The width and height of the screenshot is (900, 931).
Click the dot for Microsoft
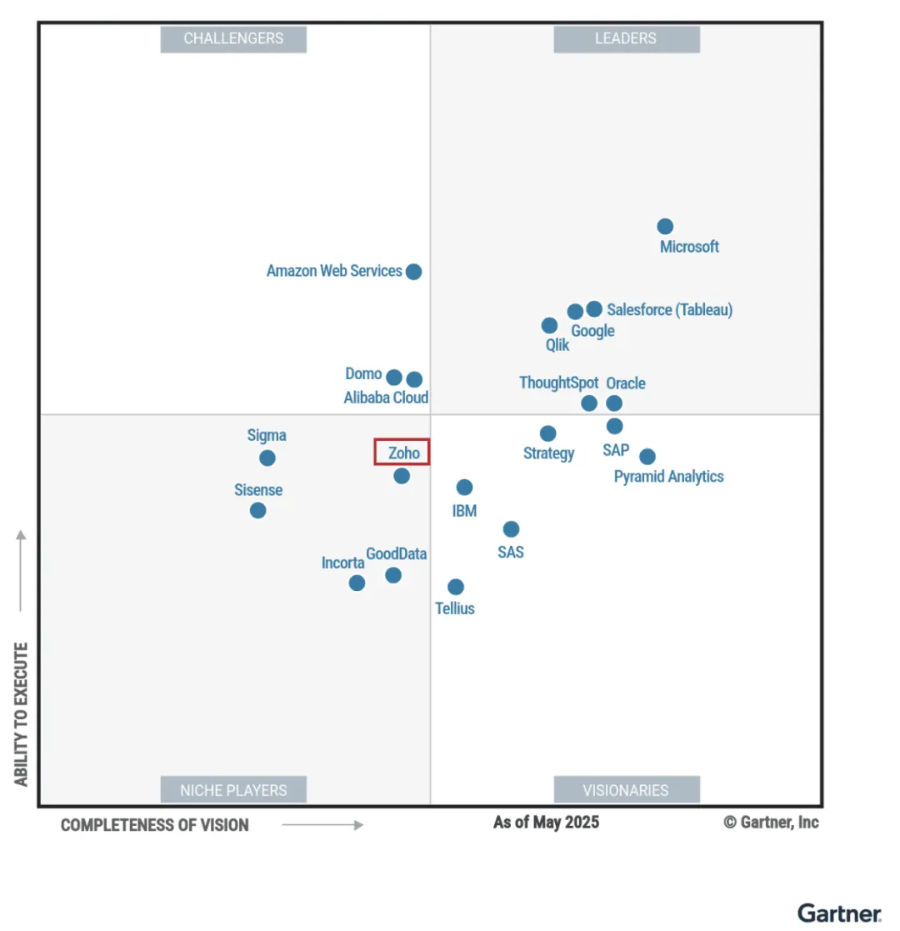pyautogui.click(x=665, y=227)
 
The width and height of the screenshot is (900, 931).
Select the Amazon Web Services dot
pyautogui.click(x=413, y=272)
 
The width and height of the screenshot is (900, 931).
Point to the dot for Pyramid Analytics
pyautogui.click(x=647, y=457)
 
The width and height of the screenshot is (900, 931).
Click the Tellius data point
pyautogui.click(x=455, y=587)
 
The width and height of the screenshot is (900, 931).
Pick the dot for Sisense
pyautogui.click(x=258, y=510)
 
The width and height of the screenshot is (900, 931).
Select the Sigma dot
pyautogui.click(x=267, y=458)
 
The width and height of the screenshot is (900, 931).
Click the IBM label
pyautogui.click(x=464, y=511)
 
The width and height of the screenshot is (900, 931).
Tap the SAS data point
pyautogui.click(x=511, y=529)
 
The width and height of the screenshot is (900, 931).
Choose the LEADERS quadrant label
pyautogui.click(x=626, y=38)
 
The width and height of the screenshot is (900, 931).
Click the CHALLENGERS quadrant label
pyautogui.click(x=233, y=38)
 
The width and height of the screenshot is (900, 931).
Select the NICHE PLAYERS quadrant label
pyautogui.click(x=233, y=790)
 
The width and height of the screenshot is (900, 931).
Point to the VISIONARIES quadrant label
pyautogui.click(x=626, y=790)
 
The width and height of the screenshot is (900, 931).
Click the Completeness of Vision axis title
pyautogui.click(x=155, y=825)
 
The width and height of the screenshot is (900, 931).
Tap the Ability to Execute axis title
pyautogui.click(x=22, y=713)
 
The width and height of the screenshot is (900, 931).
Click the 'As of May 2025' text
pyautogui.click(x=546, y=823)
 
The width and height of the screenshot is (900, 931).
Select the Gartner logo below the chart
pyautogui.click(x=838, y=913)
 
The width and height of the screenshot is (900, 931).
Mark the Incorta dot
pyautogui.click(x=357, y=583)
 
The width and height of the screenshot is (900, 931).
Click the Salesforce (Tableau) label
pyautogui.click(x=670, y=310)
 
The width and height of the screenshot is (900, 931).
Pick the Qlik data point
pyautogui.click(x=549, y=326)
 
